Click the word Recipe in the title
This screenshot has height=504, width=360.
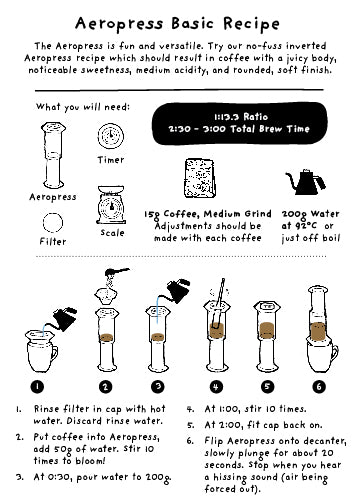coord(251,24)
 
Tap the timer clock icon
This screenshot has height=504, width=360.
coord(111,136)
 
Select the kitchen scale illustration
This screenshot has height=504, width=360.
coord(111,205)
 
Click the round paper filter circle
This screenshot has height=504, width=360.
coord(53,222)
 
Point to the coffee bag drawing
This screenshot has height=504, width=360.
coord(199,179)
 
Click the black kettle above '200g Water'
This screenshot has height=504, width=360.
coord(305,182)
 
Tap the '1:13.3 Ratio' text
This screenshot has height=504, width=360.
coord(241,117)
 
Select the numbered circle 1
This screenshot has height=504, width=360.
coord(37,386)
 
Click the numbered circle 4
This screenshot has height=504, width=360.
coord(216,386)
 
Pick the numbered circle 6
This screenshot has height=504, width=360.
coord(319,386)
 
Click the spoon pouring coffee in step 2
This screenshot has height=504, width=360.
coord(117,272)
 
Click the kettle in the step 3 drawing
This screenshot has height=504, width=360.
coord(178,290)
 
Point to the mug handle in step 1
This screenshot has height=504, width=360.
coord(53,354)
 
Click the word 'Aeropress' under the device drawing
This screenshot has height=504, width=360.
coord(53,197)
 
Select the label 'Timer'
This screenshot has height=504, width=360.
coord(111,160)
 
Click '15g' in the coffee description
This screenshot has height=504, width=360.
coord(152,215)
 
